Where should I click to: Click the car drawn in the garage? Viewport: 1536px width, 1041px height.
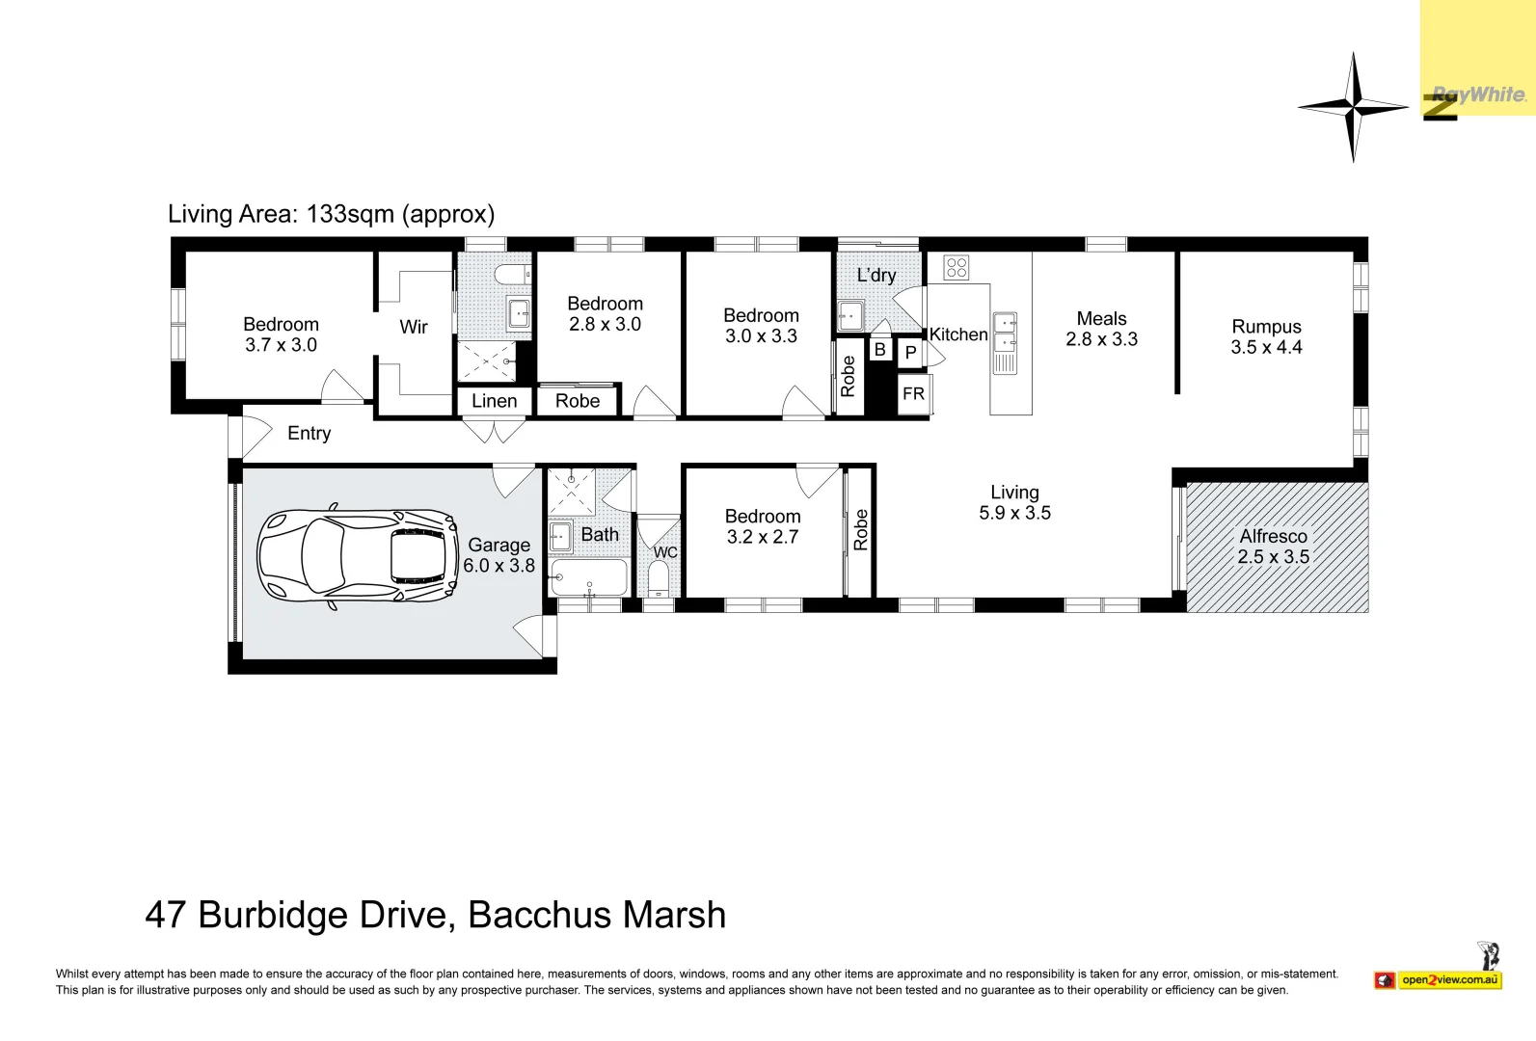click(x=357, y=556)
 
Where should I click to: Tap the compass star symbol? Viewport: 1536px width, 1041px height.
click(x=1354, y=107)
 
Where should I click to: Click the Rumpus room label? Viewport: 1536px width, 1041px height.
click(x=1266, y=336)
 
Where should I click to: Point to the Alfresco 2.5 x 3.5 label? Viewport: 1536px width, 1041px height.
click(x=1273, y=547)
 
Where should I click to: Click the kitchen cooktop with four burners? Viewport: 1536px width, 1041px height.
click(x=957, y=267)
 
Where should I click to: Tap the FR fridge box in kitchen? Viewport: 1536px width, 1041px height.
click(x=913, y=394)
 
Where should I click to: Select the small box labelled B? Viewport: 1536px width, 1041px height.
click(x=879, y=350)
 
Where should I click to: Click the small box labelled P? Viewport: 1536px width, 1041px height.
click(x=910, y=353)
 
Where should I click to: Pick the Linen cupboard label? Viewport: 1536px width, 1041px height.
click(x=494, y=401)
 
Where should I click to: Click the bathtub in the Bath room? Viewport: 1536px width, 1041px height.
click(x=588, y=579)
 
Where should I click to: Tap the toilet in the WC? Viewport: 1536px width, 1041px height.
click(x=659, y=579)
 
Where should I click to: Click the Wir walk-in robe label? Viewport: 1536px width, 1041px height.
click(x=414, y=327)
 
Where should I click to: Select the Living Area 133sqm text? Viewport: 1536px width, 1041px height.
click(x=331, y=214)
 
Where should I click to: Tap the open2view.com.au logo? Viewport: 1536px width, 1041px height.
click(x=1449, y=980)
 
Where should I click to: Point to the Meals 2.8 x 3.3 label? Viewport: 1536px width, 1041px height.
click(x=1101, y=329)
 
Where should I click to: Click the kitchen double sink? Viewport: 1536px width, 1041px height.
click(x=1005, y=332)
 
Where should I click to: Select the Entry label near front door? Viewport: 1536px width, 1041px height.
click(x=309, y=434)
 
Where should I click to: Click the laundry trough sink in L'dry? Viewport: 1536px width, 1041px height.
click(x=850, y=314)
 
